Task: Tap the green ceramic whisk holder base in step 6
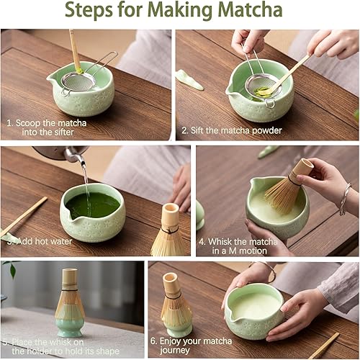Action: [x=178, y=327]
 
